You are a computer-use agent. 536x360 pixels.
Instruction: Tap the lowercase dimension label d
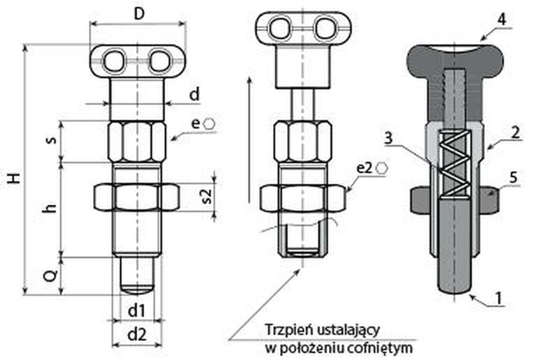[195, 92]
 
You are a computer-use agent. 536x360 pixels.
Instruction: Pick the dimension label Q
[50, 276]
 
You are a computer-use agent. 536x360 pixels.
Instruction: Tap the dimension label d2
[137, 334]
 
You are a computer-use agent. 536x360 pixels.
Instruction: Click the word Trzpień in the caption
[285, 329]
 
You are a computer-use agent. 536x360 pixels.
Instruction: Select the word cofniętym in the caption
[385, 347]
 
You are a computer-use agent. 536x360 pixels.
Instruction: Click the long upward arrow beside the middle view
[249, 140]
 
